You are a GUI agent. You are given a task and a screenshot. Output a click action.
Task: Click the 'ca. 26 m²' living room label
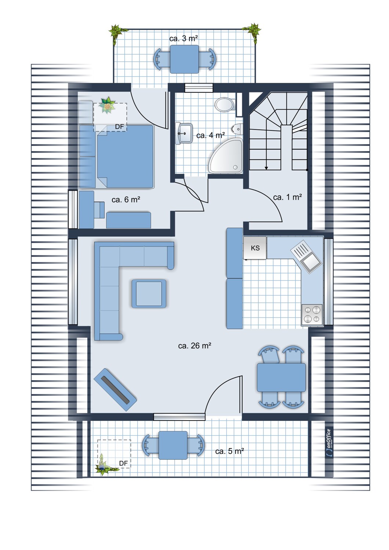tap(194, 346)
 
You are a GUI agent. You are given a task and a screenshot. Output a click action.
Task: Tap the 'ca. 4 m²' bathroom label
tap(211, 135)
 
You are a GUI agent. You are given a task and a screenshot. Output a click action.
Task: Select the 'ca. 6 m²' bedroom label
tap(126, 199)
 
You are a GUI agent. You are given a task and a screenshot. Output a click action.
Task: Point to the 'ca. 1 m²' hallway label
tap(287, 197)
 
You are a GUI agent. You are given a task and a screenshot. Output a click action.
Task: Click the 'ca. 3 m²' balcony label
tap(184, 38)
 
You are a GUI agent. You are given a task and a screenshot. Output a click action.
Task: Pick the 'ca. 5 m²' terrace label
tap(229, 451)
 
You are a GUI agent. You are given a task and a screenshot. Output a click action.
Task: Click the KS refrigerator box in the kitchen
tap(255, 248)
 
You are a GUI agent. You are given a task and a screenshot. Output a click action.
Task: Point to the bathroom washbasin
tap(184, 133)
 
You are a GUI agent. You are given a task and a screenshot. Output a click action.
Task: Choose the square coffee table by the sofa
tap(149, 294)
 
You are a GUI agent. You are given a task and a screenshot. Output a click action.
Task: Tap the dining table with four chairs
tap(281, 377)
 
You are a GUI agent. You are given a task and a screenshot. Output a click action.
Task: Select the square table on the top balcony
tap(184, 59)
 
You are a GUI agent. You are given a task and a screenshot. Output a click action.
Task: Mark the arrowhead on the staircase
tap(266, 168)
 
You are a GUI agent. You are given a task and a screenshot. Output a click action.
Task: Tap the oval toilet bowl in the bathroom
tap(224, 105)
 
